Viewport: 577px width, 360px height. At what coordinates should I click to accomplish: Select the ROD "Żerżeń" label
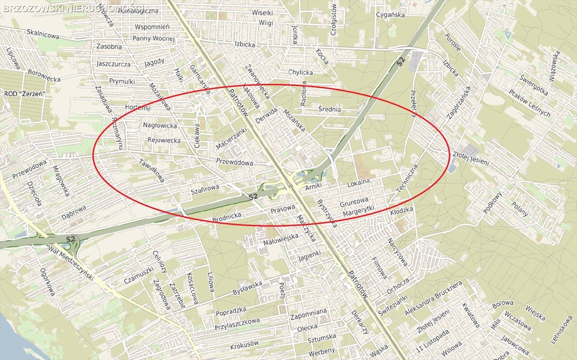[24, 94]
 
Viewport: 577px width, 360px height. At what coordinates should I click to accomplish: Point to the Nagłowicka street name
[160, 126]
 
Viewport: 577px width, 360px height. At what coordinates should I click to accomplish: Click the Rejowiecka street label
[164, 140]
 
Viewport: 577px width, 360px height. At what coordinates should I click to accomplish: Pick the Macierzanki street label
[231, 139]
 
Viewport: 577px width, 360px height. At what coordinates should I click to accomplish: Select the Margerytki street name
[359, 211]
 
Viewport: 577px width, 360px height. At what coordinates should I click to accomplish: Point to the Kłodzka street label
[402, 211]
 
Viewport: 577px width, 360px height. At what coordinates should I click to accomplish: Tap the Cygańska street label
[390, 15]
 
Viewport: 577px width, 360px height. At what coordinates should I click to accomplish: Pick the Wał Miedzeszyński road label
[70, 264]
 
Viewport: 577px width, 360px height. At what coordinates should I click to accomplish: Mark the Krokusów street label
[244, 345]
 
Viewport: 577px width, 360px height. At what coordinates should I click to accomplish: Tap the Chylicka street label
[300, 72]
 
